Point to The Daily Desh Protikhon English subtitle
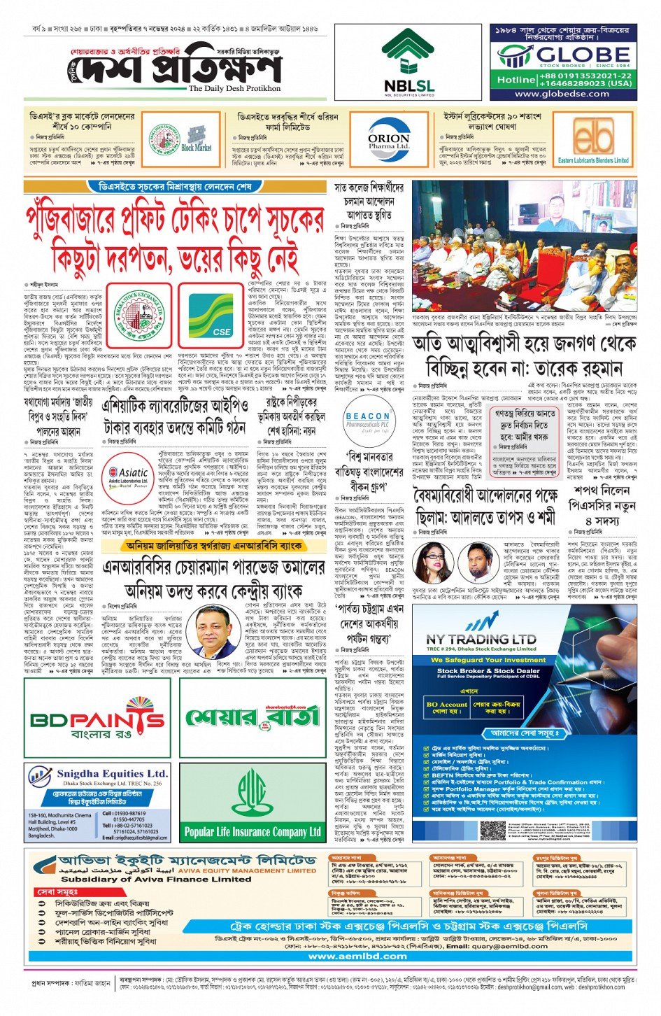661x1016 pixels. coord(234,89)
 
